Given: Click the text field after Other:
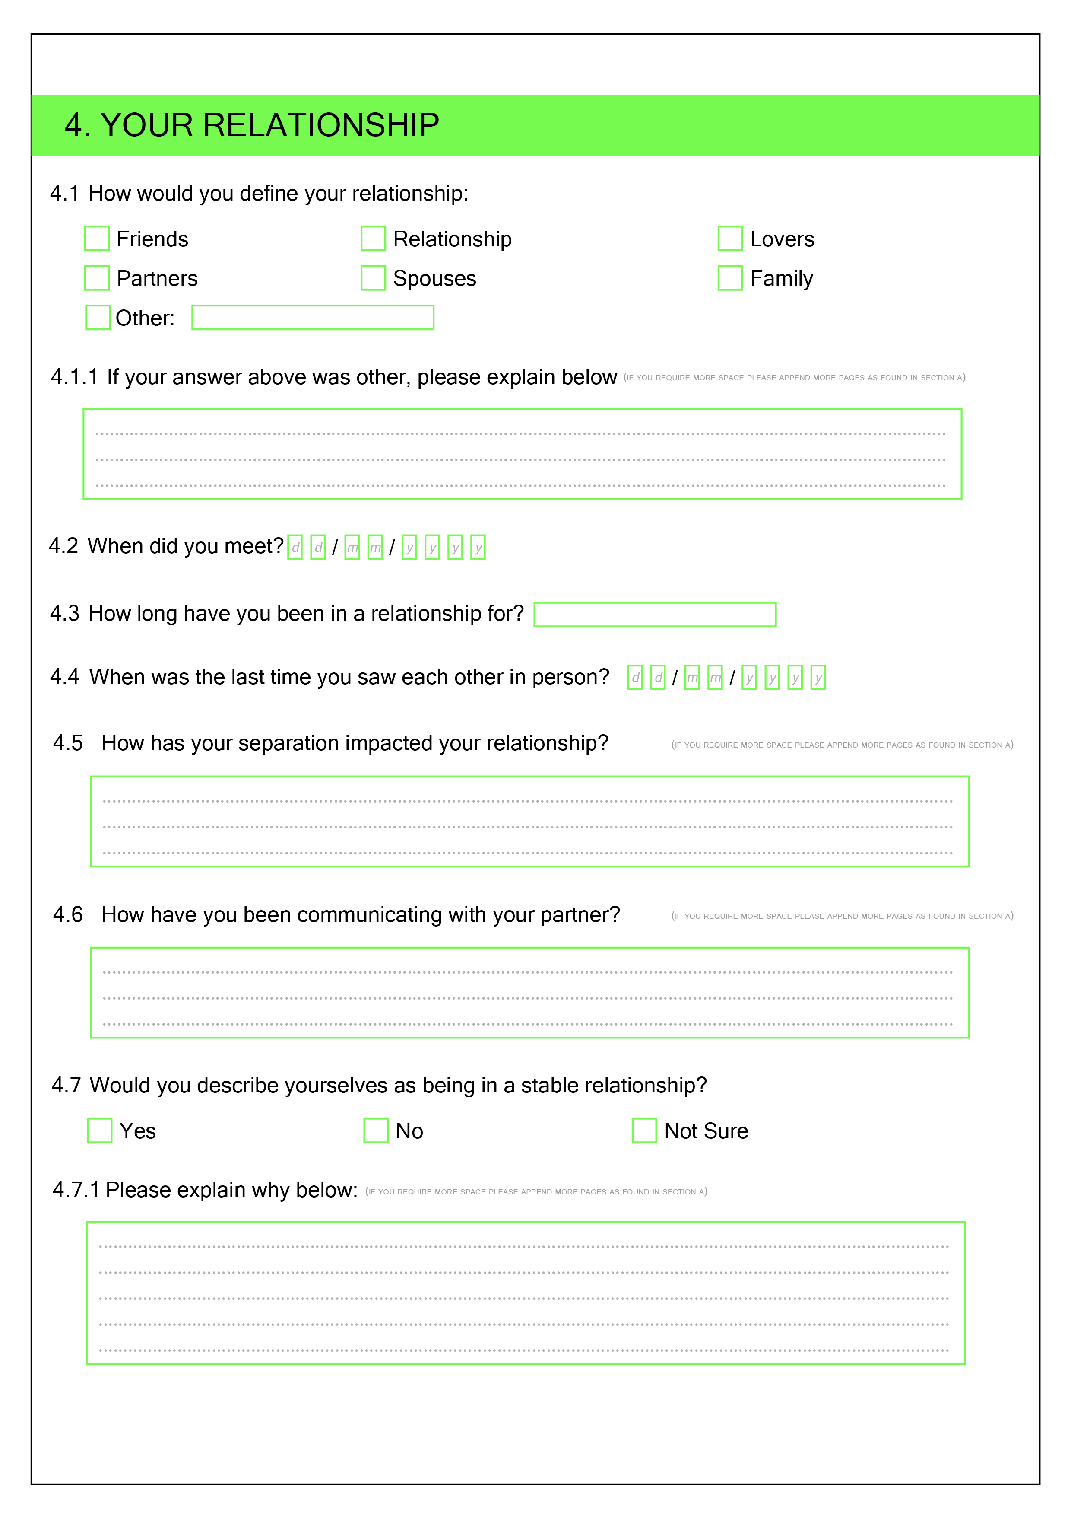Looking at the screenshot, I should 312,318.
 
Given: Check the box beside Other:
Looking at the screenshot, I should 98,318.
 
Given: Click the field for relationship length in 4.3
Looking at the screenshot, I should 655,614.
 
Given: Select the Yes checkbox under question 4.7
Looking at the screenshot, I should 100,1131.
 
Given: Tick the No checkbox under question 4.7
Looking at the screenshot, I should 376,1131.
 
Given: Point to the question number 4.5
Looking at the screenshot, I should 68,743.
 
